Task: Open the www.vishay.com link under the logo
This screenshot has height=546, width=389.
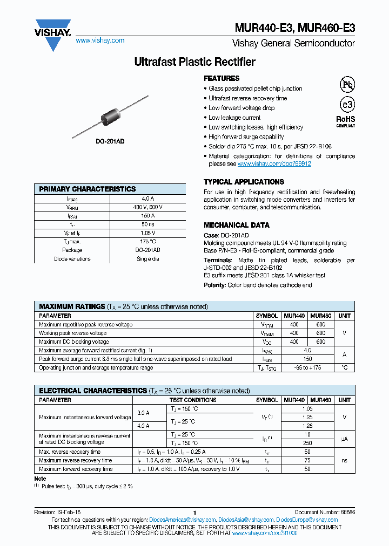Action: pyautogui.click(x=99, y=40)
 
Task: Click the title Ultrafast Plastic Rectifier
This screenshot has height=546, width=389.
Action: pyautogui.click(x=194, y=62)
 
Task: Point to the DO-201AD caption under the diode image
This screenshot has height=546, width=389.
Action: pyautogui.click(x=110, y=141)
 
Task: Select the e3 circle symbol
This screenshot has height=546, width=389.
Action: pyautogui.click(x=346, y=105)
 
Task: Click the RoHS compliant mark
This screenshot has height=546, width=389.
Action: pyautogui.click(x=346, y=121)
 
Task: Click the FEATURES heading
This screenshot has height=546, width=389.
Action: pyautogui.click(x=222, y=78)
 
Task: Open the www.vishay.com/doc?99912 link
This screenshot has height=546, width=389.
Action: pyautogui.click(x=274, y=163)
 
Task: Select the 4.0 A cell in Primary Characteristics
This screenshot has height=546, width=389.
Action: pyautogui.click(x=147, y=199)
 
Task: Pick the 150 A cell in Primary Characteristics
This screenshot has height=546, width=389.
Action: pyautogui.click(x=147, y=216)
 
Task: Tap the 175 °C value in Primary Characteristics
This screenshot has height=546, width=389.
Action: pyautogui.click(x=147, y=242)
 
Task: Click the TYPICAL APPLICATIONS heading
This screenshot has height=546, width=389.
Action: pyautogui.click(x=244, y=182)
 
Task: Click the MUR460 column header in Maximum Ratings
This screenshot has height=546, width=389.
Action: pyautogui.click(x=321, y=316)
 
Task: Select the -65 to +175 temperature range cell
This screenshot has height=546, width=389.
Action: pyautogui.click(x=307, y=367)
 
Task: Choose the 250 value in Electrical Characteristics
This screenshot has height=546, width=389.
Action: pyautogui.click(x=307, y=443)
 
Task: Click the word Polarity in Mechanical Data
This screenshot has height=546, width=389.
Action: pyautogui.click(x=214, y=285)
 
